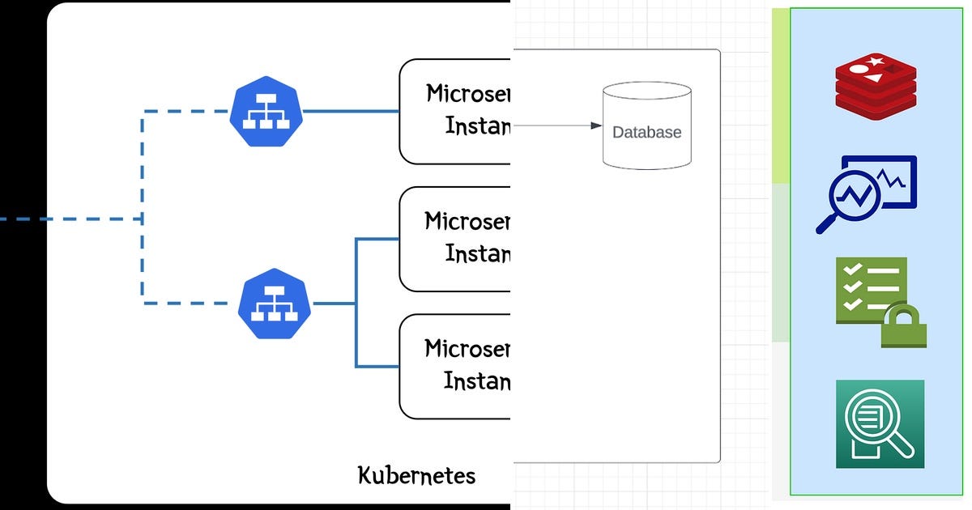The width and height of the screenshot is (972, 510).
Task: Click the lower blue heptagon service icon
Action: (x=275, y=304)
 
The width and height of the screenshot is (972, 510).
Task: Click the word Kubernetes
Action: (x=416, y=474)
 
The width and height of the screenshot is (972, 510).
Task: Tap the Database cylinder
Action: (x=647, y=125)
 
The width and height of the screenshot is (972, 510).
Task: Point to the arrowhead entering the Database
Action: (x=597, y=125)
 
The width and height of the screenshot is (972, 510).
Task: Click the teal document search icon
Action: (x=880, y=424)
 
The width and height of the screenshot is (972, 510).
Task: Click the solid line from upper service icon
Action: (x=350, y=112)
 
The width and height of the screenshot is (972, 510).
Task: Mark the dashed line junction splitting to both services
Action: (x=143, y=219)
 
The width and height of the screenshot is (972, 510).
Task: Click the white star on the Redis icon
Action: (x=876, y=61)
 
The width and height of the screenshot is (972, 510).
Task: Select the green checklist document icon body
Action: (x=867, y=287)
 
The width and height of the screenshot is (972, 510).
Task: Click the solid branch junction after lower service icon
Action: (x=356, y=304)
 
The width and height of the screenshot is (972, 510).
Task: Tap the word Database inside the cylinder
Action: (x=646, y=132)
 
